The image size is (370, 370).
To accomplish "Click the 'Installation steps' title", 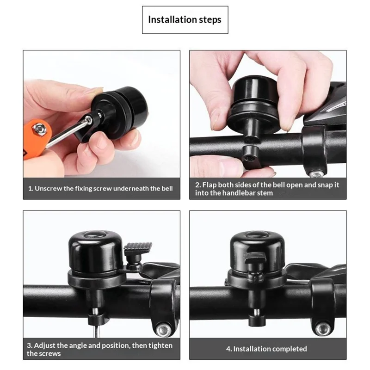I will tap(185, 20).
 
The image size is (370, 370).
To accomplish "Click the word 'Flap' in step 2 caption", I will tap(210, 185).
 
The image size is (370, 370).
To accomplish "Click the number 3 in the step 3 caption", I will tap(29, 345).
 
